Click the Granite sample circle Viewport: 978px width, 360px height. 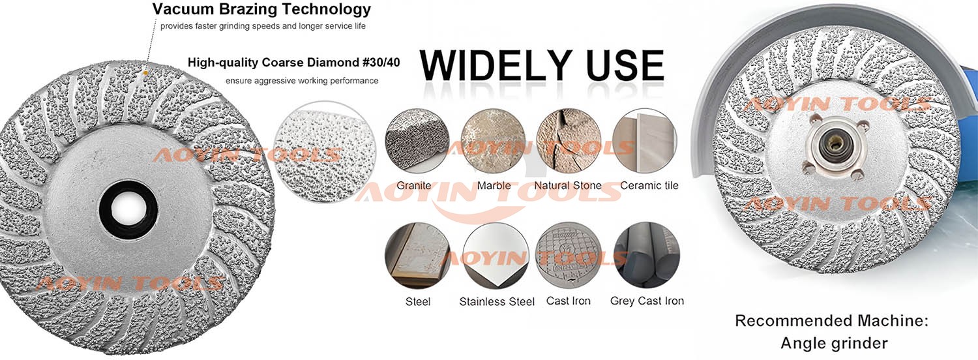(x=417, y=140)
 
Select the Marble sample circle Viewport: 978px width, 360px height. (x=493, y=140)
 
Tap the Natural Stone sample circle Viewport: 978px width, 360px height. (x=569, y=140)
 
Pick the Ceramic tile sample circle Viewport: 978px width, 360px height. (x=644, y=140)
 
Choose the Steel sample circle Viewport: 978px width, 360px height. (x=417, y=256)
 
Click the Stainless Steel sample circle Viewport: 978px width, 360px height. (x=495, y=256)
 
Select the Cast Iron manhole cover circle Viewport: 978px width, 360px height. (x=569, y=255)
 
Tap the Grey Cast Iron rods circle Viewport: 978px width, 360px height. (x=647, y=255)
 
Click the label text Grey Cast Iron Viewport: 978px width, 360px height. (x=647, y=301)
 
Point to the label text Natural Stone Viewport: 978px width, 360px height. (x=568, y=186)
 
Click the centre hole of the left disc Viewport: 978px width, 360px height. (x=128, y=209)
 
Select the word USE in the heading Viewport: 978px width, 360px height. (x=625, y=65)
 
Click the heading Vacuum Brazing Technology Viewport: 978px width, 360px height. (x=261, y=8)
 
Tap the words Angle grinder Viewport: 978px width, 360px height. (x=834, y=344)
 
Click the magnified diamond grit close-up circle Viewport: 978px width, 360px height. (x=325, y=152)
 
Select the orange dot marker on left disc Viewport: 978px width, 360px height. (x=145, y=72)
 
